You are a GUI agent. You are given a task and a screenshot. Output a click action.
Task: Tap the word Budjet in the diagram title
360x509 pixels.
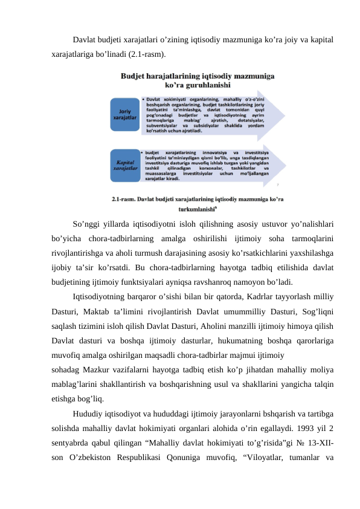tap(136, 77)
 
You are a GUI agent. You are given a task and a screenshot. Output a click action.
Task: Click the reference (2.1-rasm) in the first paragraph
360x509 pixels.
tap(142, 54)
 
